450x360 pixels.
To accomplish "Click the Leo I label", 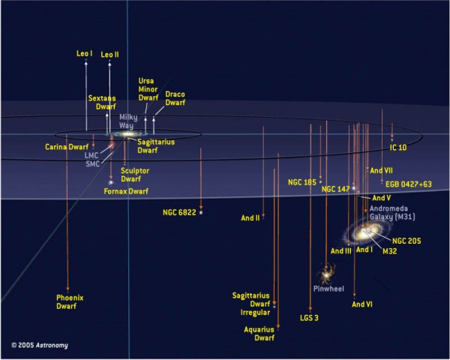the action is (x=84, y=54).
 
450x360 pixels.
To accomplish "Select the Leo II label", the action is (x=109, y=55).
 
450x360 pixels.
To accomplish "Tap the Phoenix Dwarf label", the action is (x=70, y=302).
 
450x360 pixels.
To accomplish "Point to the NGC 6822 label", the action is (x=179, y=212).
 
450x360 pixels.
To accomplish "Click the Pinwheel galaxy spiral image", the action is (x=326, y=274).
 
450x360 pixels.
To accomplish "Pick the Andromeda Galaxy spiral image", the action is (x=365, y=232).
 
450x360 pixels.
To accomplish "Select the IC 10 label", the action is (x=398, y=148).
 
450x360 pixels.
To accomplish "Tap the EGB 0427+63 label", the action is (x=409, y=184).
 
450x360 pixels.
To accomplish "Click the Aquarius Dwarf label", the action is (x=259, y=334).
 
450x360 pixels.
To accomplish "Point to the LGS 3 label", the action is (x=309, y=318).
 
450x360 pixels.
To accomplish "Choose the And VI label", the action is (x=362, y=304).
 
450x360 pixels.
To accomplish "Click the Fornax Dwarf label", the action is (x=126, y=191).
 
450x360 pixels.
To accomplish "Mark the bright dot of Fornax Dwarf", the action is (x=111, y=182).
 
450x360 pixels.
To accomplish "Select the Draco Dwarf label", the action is (x=175, y=98).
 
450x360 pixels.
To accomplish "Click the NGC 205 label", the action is (x=406, y=241).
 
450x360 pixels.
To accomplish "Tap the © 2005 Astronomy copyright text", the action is (x=40, y=345).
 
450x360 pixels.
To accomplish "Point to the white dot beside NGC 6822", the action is (x=201, y=212).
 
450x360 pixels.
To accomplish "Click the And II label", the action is (x=250, y=218).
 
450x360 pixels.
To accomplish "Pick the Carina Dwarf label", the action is (x=67, y=147).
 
